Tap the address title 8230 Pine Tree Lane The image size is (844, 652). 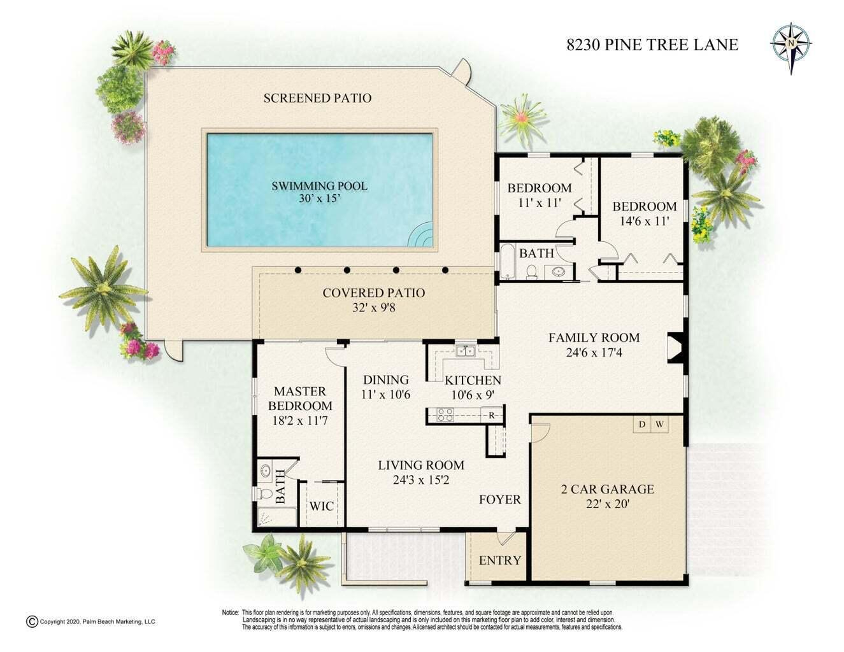[x=652, y=45]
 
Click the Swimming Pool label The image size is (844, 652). [x=319, y=186]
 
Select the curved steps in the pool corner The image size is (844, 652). [x=422, y=234]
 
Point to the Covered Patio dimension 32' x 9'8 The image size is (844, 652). [x=374, y=308]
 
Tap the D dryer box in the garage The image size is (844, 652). [x=642, y=424]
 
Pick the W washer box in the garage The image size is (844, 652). [x=659, y=424]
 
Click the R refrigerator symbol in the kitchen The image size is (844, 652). [x=492, y=415]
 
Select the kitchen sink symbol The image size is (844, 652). [x=465, y=351]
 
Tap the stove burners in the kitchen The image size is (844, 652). [x=445, y=415]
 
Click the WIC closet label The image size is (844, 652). [x=322, y=506]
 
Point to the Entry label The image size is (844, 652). [x=500, y=560]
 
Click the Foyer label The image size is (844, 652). [x=500, y=499]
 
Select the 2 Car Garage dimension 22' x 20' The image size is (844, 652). [x=608, y=504]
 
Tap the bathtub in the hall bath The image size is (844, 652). [x=508, y=261]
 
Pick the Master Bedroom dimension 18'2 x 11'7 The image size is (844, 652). [x=300, y=421]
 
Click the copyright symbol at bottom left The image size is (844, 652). [x=32, y=621]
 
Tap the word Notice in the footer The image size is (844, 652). [x=230, y=613]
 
